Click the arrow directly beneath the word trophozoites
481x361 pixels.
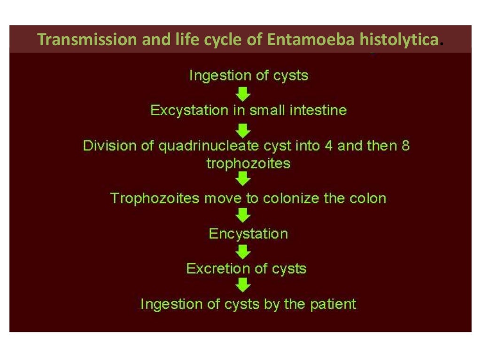click(x=243, y=179)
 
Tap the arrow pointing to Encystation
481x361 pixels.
click(x=243, y=215)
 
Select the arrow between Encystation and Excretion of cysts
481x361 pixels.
click(x=243, y=251)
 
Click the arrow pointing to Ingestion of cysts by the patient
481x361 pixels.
click(x=243, y=285)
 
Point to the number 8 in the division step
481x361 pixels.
click(x=405, y=145)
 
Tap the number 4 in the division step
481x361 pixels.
click(x=329, y=145)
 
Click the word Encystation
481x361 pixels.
click(x=248, y=234)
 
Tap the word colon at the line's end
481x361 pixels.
click(x=368, y=198)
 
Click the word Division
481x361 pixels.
click(x=110, y=145)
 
